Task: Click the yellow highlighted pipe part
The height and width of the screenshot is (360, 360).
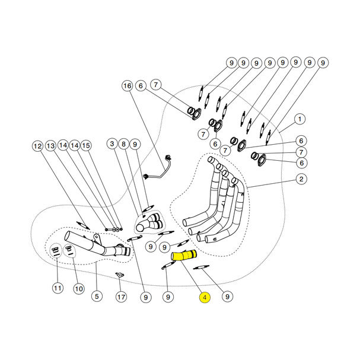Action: [184, 257]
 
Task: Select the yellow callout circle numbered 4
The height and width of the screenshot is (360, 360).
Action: [205, 298]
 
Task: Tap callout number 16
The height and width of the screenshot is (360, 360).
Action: [128, 86]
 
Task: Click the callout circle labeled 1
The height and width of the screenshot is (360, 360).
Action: [301, 119]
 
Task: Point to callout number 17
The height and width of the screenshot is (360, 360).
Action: [121, 297]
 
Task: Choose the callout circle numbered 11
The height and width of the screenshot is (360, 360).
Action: [57, 288]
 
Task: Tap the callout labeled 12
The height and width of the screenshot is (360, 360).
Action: [37, 145]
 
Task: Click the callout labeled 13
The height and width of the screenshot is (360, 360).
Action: [50, 145]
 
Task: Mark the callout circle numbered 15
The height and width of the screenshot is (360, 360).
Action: [87, 145]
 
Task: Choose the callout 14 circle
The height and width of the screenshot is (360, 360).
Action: [75, 145]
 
